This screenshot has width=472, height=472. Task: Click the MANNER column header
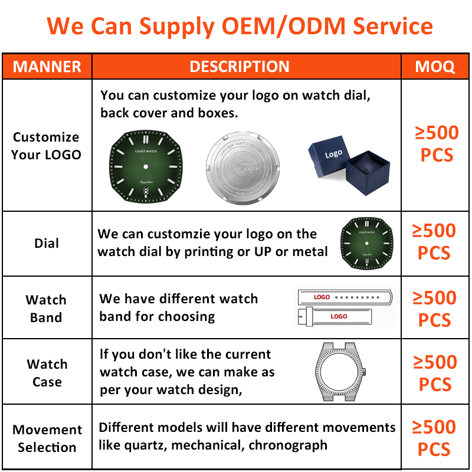(x=47, y=66)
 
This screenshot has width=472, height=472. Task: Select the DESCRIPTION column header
(x=240, y=66)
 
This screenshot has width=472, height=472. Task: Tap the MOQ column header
(x=435, y=66)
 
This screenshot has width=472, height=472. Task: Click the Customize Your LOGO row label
(x=46, y=146)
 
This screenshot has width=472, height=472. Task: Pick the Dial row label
(x=47, y=243)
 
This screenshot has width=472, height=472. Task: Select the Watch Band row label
(x=46, y=309)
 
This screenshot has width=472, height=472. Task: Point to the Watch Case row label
(x=47, y=373)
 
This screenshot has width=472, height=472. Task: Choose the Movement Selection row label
(x=47, y=438)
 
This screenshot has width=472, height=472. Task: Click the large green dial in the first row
(x=145, y=168)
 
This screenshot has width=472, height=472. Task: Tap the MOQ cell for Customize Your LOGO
(x=436, y=144)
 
